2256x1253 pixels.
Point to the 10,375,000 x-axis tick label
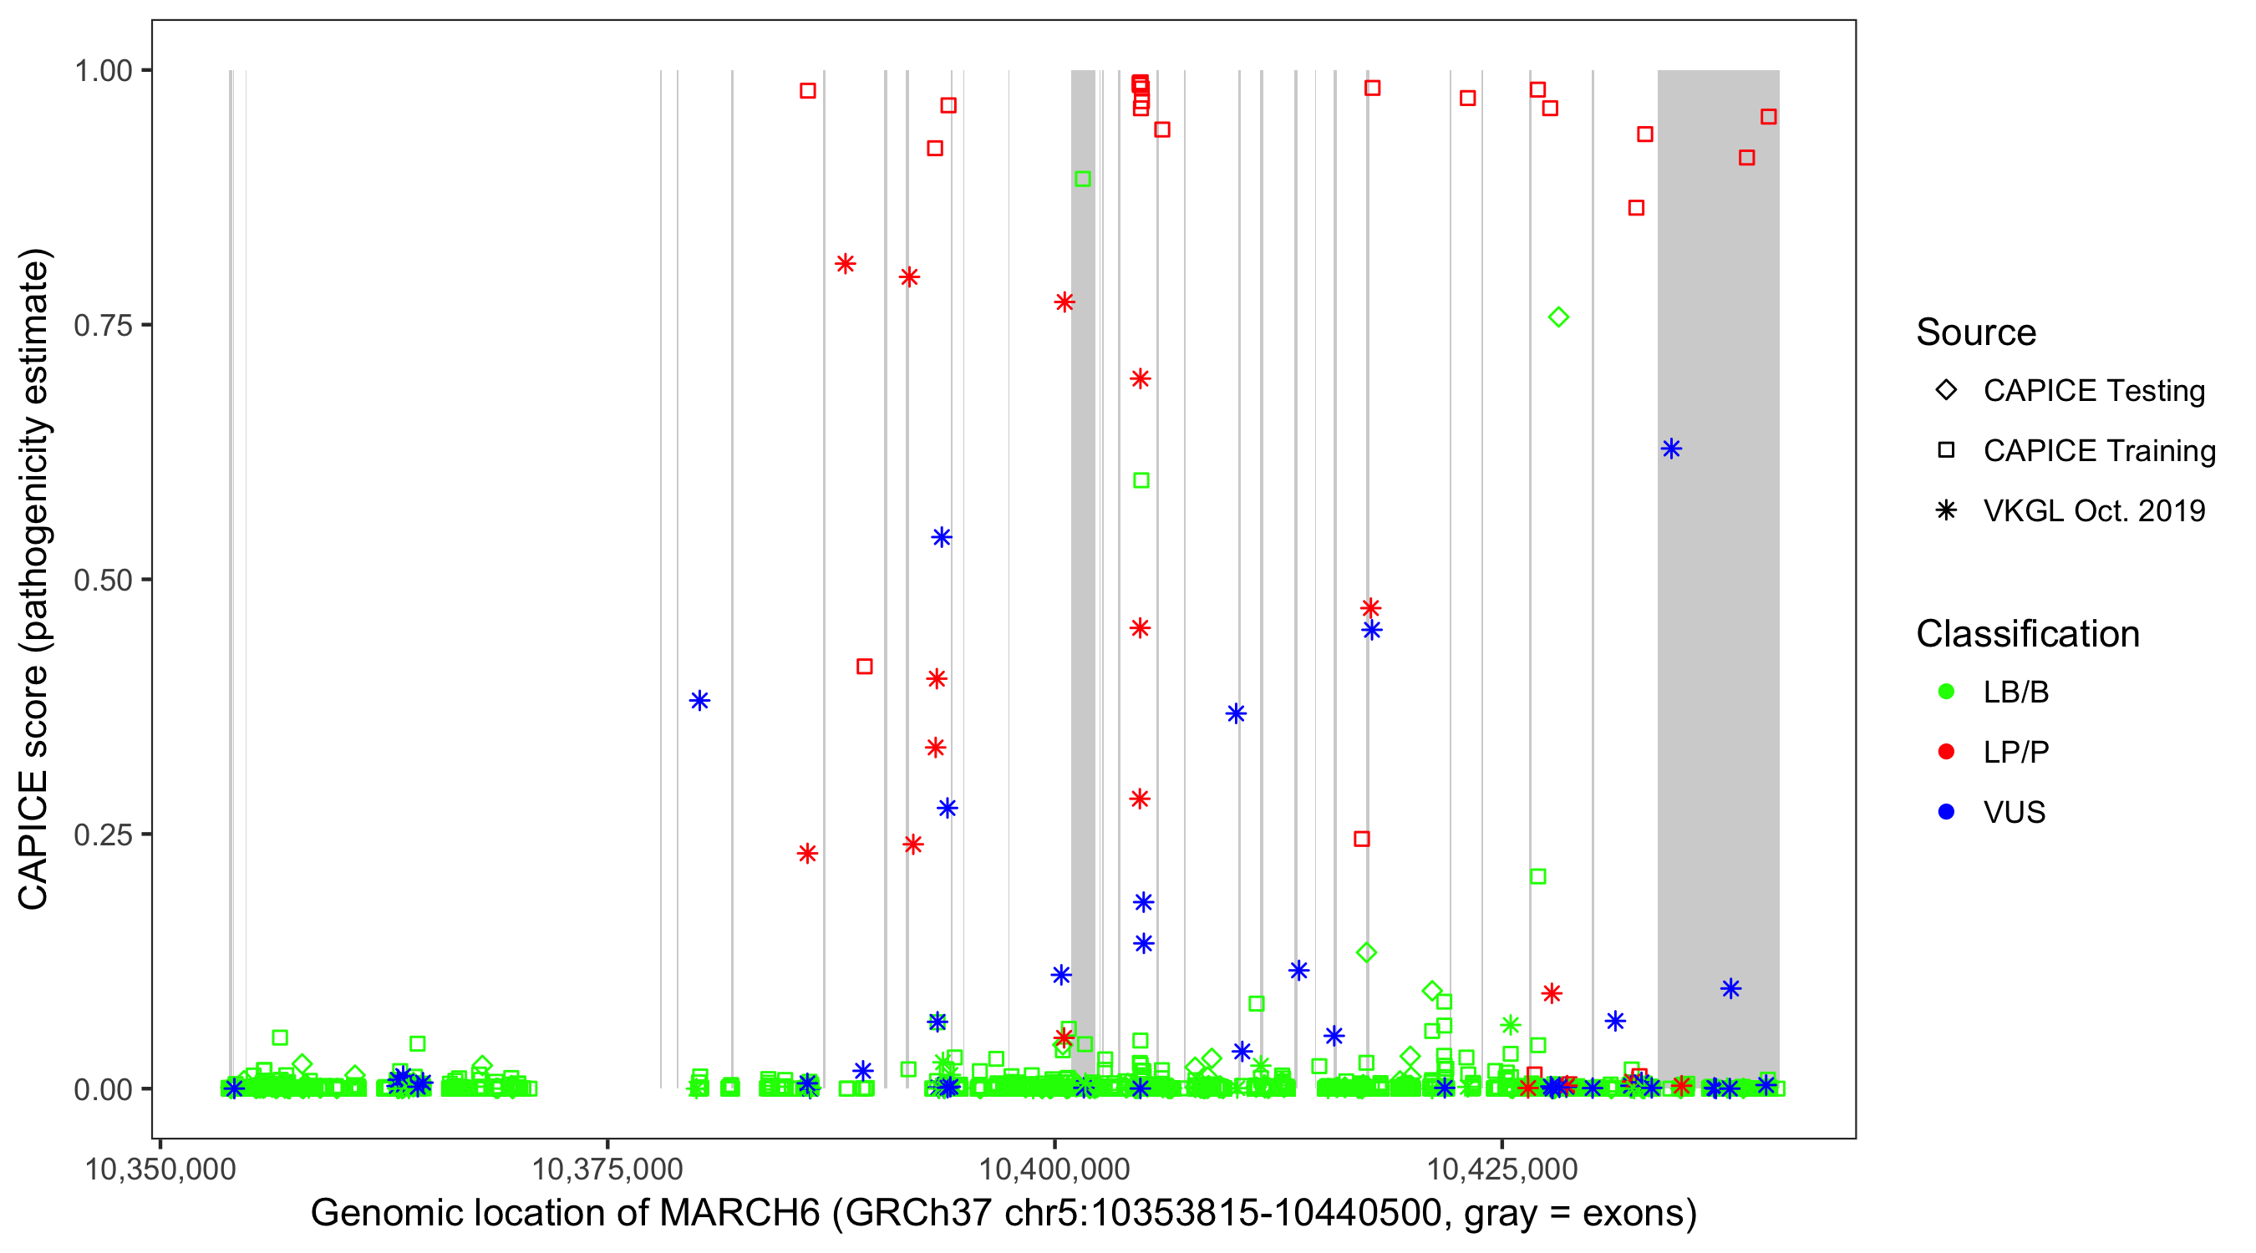[x=607, y=1169]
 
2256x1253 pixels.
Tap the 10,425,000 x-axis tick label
[x=1502, y=1169]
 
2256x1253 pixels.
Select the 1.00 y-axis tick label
[x=103, y=70]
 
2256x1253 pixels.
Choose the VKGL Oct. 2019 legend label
[x=2094, y=511]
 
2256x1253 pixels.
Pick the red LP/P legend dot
[x=1946, y=752]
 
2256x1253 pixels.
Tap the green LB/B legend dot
[x=1946, y=692]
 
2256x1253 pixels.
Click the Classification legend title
[x=2027, y=634]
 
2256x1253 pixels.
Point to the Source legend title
[x=1976, y=332]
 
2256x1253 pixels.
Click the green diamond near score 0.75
[x=1558, y=317]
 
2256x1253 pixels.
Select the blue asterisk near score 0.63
[x=1671, y=449]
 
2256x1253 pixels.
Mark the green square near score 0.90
[x=1082, y=179]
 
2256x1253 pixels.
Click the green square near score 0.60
[x=1141, y=480]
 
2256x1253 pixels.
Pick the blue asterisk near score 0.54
[x=942, y=538]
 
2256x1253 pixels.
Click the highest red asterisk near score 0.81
[x=845, y=264]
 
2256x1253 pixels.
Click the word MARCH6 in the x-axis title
[x=739, y=1214]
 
